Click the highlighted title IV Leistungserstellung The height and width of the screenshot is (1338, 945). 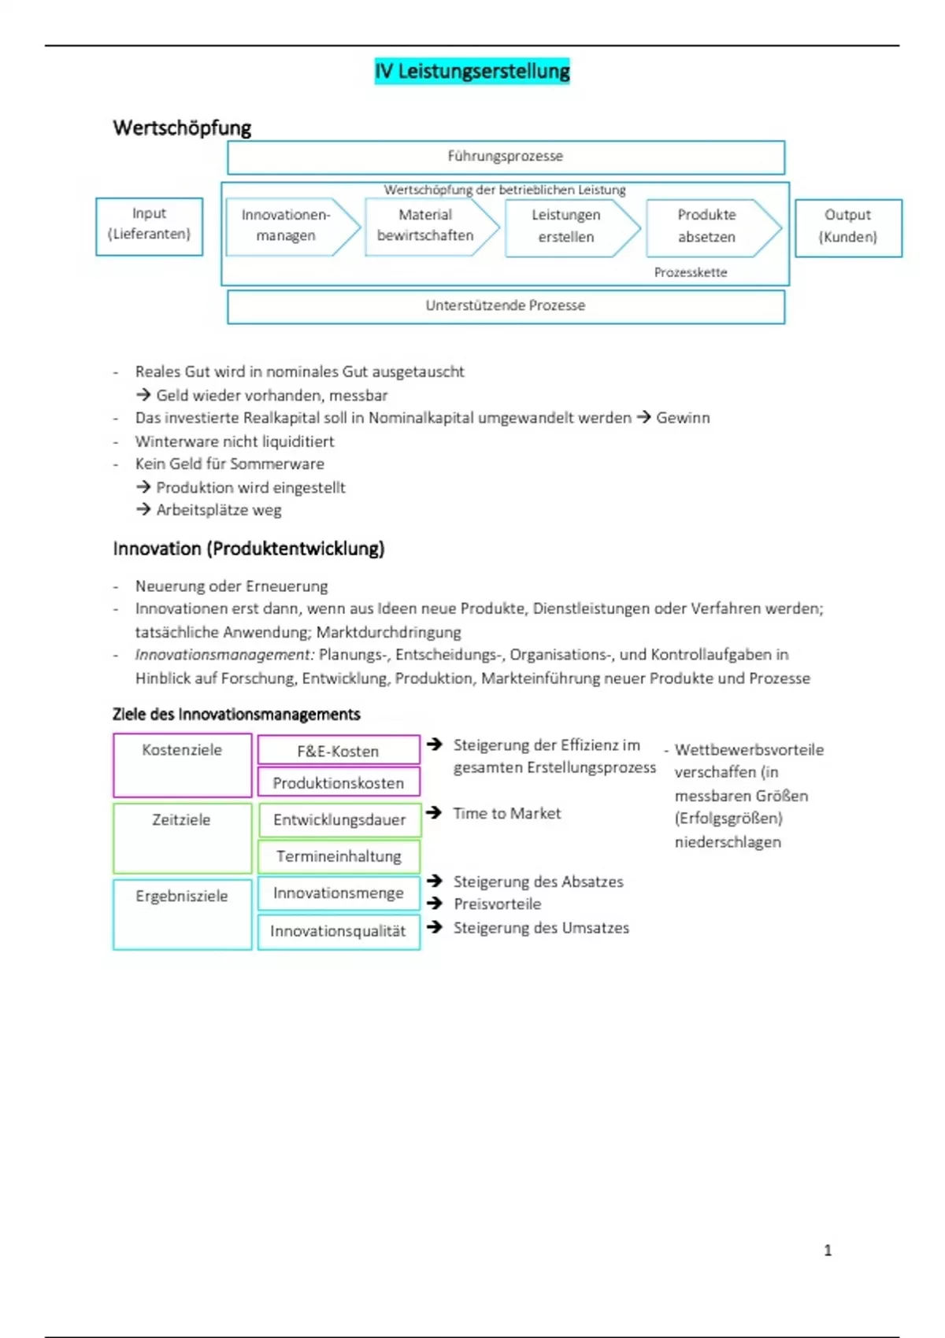coord(472,72)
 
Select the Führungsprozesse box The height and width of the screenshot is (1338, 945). coord(506,157)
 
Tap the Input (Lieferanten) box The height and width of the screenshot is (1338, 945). coord(149,225)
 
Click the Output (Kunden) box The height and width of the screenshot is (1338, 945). coord(848,227)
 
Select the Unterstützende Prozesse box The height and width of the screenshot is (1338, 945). coord(506,306)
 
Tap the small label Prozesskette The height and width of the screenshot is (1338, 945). coord(691,272)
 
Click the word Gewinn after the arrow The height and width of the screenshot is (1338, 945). coord(683,418)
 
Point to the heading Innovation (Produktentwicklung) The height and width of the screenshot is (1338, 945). coord(249,549)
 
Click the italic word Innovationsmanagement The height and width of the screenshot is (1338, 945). coord(224,655)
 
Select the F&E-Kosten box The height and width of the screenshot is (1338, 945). coord(338,751)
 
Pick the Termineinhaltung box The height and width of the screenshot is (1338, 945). coord(339,856)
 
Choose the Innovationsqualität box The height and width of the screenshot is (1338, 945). coord(338,931)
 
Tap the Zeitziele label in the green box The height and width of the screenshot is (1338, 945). coord(181,820)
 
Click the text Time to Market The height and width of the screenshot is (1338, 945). coord(507,814)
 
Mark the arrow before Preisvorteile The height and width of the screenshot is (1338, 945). coord(434,904)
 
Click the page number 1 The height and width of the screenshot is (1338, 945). coord(828,1251)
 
